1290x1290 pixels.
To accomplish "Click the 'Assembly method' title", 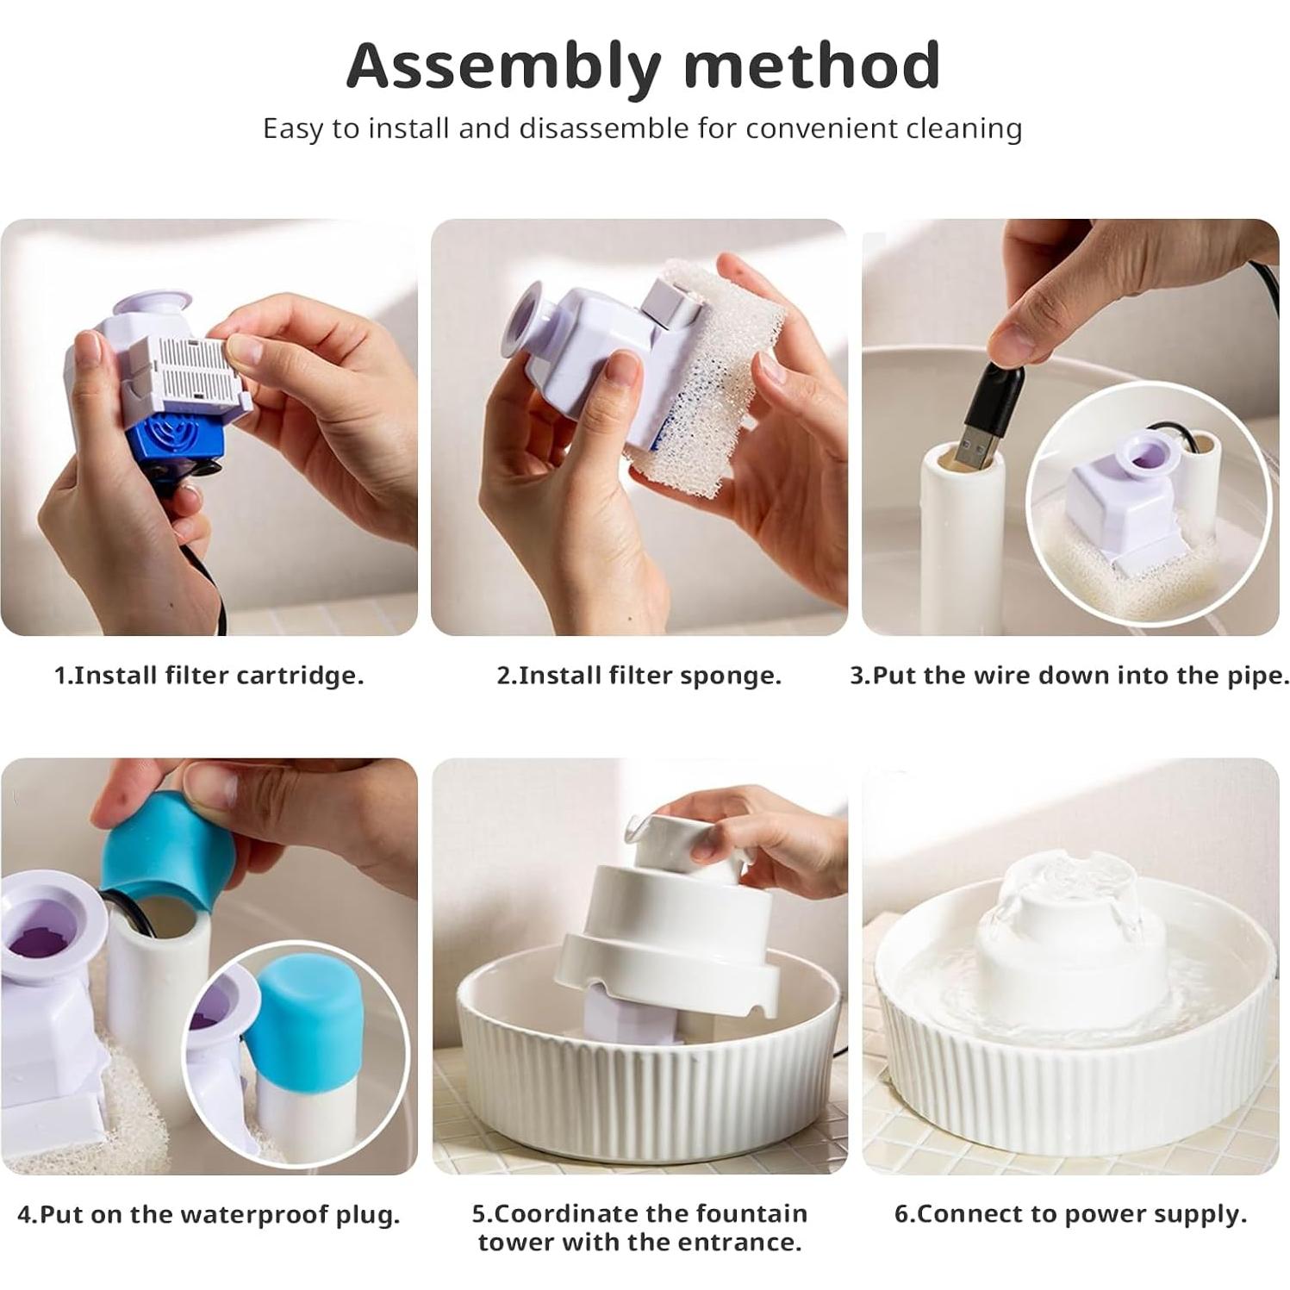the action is [643, 66].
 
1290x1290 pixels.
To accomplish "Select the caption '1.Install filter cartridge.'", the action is [209, 675].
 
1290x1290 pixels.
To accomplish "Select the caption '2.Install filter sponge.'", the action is [639, 675].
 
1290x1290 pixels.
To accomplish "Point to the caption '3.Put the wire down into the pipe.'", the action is [1069, 675].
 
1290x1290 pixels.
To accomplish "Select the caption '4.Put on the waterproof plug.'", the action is [209, 1214].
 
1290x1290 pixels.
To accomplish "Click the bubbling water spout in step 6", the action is [1069, 896].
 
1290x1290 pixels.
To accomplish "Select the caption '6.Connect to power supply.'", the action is [1070, 1214].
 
